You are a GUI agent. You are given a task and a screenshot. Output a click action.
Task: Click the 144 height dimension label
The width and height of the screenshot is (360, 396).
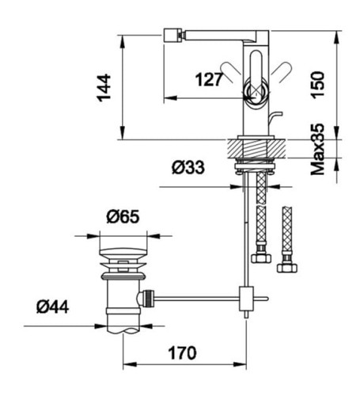point(104,88)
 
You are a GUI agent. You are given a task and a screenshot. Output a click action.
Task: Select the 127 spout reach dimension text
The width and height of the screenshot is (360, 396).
point(209,79)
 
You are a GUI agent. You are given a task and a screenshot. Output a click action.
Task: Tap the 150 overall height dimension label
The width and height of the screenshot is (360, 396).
point(317,85)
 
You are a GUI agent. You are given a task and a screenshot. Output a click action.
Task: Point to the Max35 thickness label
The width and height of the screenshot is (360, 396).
point(317,150)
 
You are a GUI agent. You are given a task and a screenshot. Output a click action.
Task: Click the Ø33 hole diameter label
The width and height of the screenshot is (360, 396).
point(188,167)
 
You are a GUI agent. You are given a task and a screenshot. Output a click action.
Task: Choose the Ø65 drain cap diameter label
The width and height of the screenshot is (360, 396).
point(123,217)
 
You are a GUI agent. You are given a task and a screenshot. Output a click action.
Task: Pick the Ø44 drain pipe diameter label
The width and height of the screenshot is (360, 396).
point(53,307)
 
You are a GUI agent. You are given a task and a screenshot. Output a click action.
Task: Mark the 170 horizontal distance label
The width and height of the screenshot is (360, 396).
point(182,352)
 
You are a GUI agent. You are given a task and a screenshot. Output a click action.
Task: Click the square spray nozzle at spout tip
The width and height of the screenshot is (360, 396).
point(171,35)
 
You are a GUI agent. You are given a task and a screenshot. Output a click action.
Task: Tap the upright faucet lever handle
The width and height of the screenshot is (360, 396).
point(256,67)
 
